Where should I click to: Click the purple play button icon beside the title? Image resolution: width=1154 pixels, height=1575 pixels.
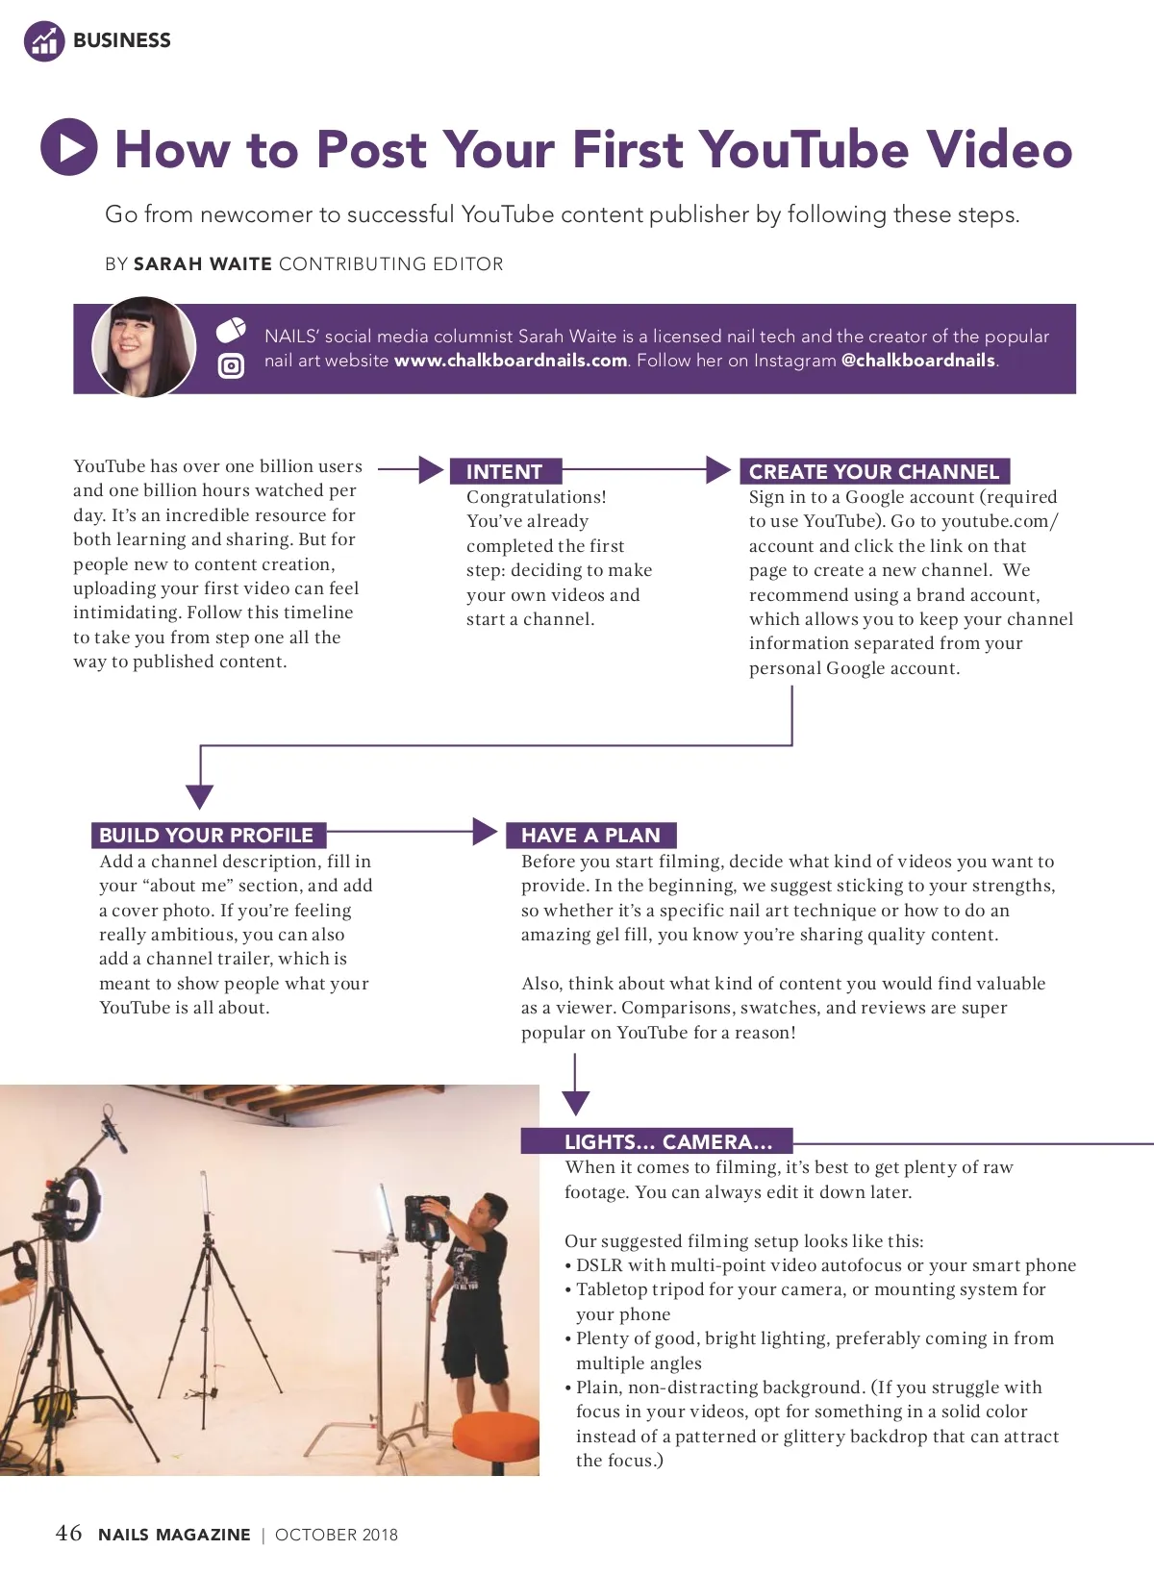tap(69, 147)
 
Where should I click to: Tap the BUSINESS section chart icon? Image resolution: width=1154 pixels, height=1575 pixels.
tap(43, 40)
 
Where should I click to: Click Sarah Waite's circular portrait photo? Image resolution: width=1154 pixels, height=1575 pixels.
tap(144, 347)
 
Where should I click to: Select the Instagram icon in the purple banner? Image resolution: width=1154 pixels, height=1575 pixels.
tap(231, 365)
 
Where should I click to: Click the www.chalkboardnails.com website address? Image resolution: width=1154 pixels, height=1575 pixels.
tap(511, 361)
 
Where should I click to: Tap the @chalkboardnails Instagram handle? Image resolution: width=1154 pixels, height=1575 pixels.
tap(918, 361)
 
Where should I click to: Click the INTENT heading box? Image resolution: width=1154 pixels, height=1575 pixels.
tap(505, 471)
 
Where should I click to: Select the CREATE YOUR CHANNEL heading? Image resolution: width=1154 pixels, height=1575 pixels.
tap(874, 471)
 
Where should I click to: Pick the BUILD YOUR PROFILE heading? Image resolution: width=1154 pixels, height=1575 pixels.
tap(207, 835)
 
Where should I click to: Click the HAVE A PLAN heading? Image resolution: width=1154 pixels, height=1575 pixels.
tap(590, 835)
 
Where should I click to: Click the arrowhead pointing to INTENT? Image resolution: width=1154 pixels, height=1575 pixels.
tap(432, 469)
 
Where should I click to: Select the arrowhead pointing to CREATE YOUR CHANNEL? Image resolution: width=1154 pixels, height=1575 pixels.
tap(718, 469)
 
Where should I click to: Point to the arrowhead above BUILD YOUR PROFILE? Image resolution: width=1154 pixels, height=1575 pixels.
tap(199, 796)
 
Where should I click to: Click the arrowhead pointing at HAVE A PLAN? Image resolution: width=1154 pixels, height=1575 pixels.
tap(486, 832)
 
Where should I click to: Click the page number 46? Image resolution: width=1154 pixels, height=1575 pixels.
tap(68, 1533)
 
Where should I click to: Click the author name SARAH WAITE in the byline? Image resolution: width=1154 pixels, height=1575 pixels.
tap(202, 264)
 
